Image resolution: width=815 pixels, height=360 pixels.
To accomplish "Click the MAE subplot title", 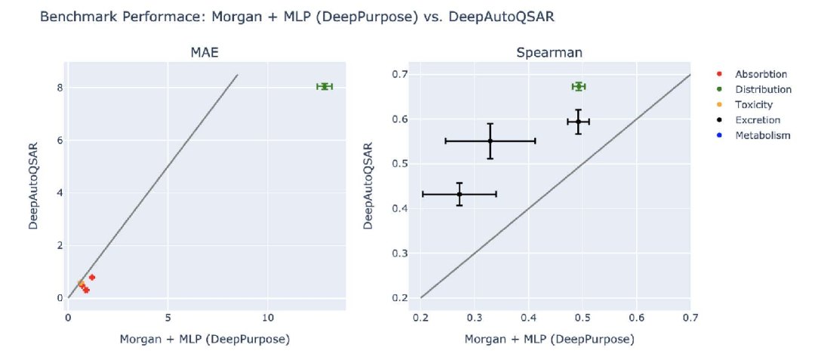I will pos(206,52).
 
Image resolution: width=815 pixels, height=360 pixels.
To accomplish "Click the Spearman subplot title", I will pos(549,52).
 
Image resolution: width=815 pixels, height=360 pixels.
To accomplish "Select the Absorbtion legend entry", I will pos(761,74).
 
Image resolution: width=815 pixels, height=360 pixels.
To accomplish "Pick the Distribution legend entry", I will pos(763,89).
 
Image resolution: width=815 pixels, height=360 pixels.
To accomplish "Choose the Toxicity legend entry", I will pos(754,105).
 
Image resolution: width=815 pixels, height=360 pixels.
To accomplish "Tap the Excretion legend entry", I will pos(758,120).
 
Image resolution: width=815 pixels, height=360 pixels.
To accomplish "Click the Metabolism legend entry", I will pos(762,135).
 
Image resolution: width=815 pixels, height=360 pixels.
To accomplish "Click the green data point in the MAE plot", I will pos(324,86).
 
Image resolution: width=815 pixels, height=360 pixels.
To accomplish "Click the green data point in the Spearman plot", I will pos(578,86).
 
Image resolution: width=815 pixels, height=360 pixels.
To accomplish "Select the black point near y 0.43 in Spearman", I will pos(460,194).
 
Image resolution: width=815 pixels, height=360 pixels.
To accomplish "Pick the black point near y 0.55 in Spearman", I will pos(490,140).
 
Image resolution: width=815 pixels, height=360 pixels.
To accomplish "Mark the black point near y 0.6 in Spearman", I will pos(578,121).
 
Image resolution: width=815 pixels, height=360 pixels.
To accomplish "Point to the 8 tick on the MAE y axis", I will pos(57,87).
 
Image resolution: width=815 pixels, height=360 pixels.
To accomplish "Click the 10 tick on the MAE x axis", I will pos(267,317).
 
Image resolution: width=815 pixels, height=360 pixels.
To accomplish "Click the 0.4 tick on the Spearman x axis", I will pos(528,317).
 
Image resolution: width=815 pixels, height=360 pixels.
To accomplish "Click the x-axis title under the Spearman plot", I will pos(549,340).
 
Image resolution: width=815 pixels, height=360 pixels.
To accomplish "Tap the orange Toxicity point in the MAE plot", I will pos(80,283).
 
